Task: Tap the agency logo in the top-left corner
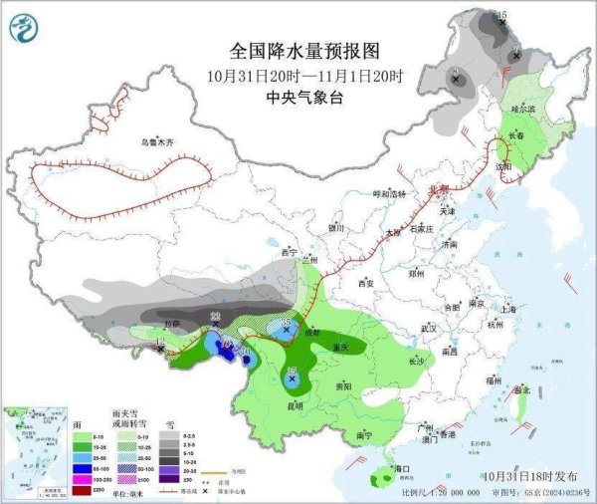22,27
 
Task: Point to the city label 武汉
430,328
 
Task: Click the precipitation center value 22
215,317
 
